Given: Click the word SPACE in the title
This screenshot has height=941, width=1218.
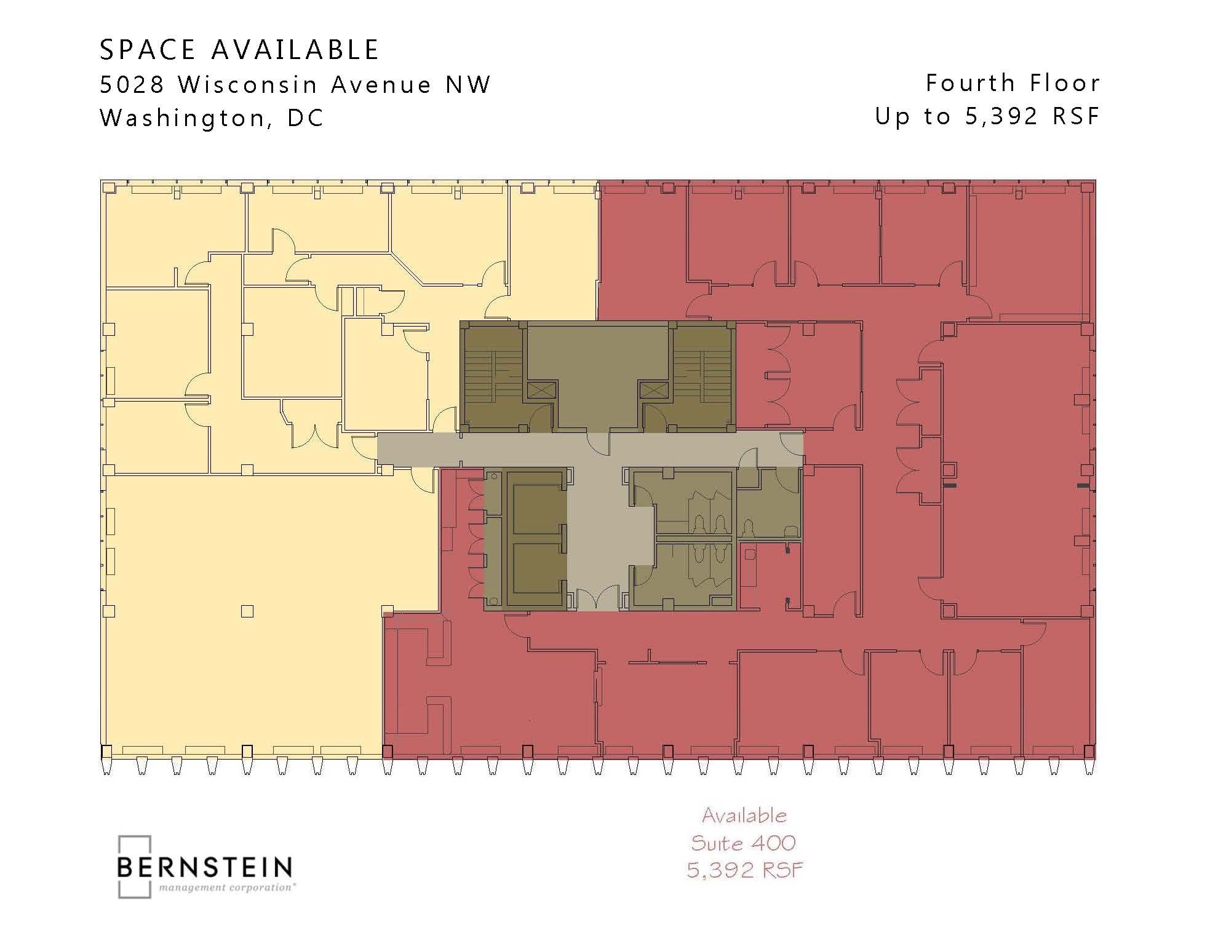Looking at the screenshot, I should pos(148,50).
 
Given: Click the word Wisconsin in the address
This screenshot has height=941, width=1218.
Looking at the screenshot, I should pos(248,84).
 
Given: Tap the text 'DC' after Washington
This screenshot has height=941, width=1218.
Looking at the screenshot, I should pos(306,118).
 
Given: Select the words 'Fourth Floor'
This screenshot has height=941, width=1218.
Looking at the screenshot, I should pos(1013,83).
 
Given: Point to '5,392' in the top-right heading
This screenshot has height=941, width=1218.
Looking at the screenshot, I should pos(1001,116).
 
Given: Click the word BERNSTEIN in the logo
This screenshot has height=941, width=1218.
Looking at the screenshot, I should pos(204,867).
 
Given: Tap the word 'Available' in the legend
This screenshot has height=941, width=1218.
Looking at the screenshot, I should pos(744,816).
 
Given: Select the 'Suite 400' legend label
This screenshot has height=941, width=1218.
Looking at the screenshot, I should pos(743,843).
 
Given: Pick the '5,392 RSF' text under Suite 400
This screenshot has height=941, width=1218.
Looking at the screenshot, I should pos(744,870).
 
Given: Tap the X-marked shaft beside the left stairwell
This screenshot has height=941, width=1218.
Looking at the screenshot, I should pos(541,390).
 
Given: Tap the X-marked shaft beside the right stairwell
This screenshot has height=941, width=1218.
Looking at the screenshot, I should pos(654,390).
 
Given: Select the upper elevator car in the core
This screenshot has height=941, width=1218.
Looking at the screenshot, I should pos(537,501).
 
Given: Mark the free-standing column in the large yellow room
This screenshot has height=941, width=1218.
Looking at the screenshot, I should pos(247,611).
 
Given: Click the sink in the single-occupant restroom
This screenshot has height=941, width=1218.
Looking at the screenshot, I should pos(792,530).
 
